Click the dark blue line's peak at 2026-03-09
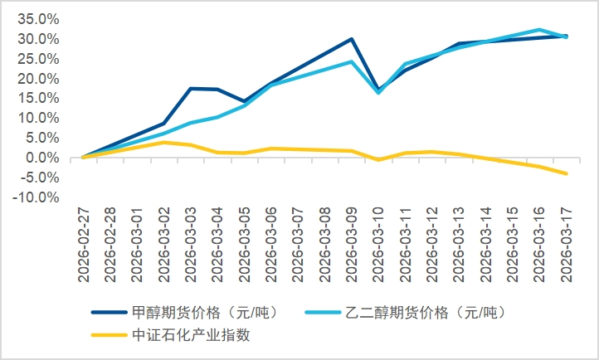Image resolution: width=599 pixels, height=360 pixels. (x=351, y=39)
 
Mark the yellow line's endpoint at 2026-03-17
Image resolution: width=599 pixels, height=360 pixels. (x=566, y=173)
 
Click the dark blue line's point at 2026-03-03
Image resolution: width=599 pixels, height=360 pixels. (x=191, y=88)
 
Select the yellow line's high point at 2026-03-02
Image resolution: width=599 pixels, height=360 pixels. (x=164, y=142)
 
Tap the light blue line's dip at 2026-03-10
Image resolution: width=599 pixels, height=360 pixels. (x=378, y=92)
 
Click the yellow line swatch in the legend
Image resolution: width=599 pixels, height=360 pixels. (x=109, y=335)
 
